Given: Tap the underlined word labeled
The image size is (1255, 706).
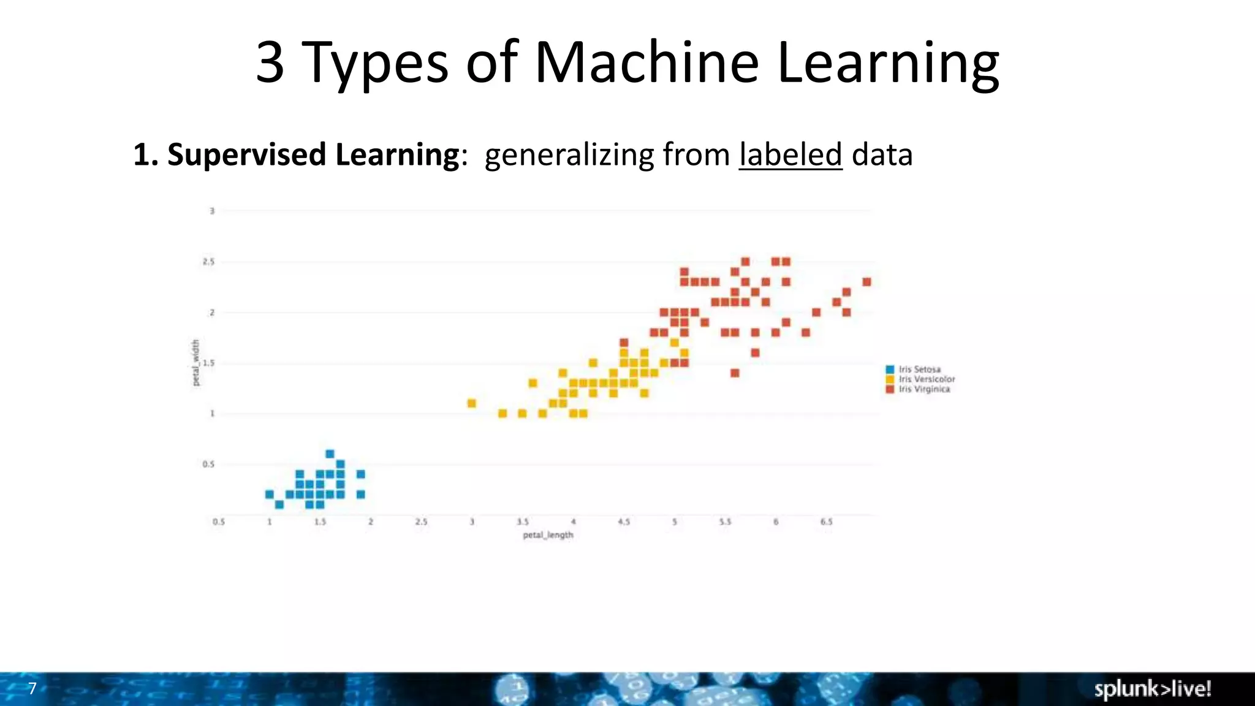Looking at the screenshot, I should pos(791,154).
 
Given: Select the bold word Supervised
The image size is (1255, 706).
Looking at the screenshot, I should pos(247,154).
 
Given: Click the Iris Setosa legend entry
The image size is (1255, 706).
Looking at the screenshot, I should pos(919,370).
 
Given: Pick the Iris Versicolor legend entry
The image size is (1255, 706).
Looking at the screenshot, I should pos(926,379).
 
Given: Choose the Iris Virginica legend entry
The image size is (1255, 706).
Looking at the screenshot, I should pos(924,389).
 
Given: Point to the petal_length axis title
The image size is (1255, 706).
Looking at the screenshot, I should pos(548,535).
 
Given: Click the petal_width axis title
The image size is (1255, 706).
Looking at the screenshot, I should pos(196,363).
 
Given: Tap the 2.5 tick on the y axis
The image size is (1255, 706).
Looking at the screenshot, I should pos(209,262).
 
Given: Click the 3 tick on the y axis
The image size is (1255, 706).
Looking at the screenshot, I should pos(212,211).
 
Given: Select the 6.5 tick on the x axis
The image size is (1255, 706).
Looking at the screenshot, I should pos(826,522).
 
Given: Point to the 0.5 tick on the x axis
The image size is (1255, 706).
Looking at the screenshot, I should pos(219,522).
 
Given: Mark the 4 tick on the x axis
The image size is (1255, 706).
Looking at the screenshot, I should pos(573,522).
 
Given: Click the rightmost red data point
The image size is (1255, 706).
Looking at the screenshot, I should pos(866,282).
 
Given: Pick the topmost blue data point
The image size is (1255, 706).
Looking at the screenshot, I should pos(330,454).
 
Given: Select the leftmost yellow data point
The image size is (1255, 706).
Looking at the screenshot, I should pos(472,403).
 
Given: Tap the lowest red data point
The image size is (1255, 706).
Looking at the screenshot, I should pos(735,373).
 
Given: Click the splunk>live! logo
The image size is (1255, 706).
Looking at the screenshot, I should pos(1153,689).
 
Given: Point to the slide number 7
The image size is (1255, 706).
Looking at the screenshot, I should pos(32,688).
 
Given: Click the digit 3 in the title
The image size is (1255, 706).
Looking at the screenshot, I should pos(270,63).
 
